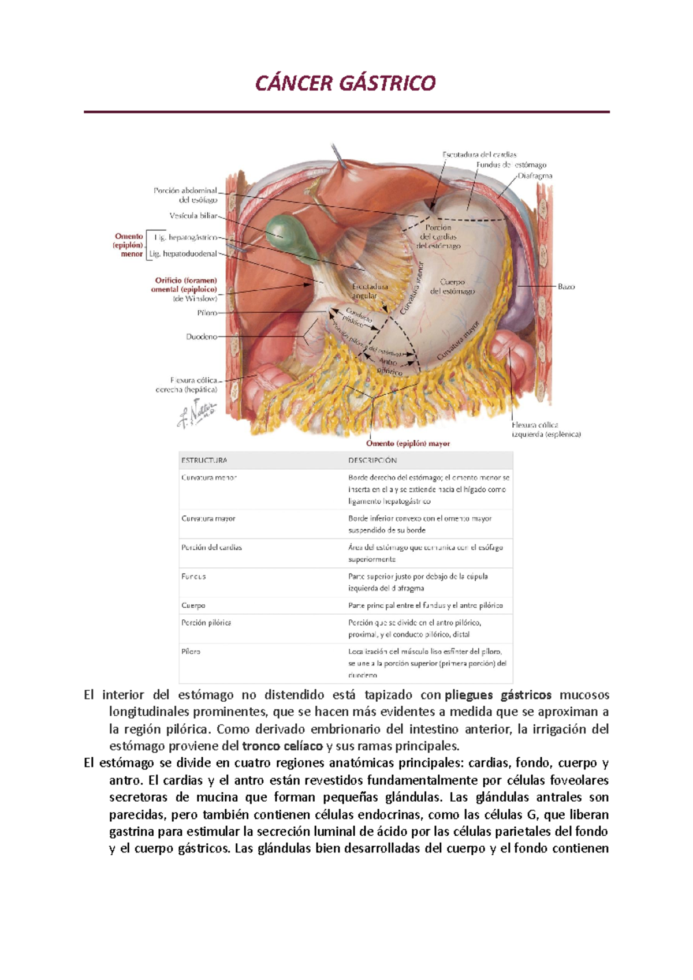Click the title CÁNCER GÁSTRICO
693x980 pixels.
click(345, 84)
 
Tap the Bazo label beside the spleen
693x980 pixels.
click(566, 286)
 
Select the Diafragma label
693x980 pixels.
click(535, 175)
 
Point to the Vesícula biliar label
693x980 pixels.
click(193, 216)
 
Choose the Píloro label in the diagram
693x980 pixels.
click(207, 313)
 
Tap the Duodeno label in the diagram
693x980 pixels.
click(201, 336)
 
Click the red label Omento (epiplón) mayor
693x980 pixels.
click(408, 443)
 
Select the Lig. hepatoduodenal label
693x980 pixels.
click(183, 253)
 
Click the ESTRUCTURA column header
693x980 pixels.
click(204, 461)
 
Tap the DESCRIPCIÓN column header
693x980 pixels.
click(372, 461)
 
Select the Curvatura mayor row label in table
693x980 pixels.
click(208, 518)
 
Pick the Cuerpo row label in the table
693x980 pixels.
click(193, 605)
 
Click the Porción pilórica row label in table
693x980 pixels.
click(206, 623)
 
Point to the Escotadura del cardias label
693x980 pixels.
click(479, 154)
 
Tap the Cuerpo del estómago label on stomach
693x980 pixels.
click(452, 286)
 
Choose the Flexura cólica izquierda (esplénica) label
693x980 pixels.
click(546, 429)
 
